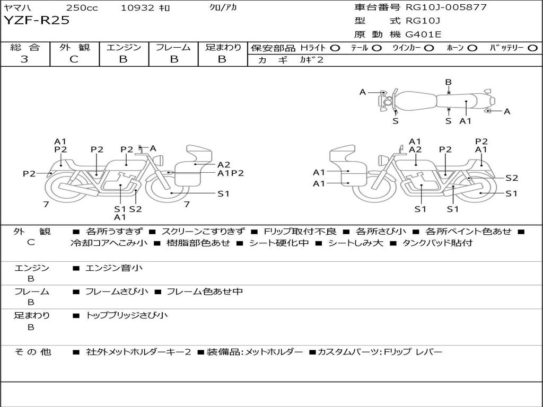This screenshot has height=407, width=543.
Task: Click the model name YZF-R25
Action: tap(37, 21)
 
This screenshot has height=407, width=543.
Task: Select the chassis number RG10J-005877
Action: tap(446, 7)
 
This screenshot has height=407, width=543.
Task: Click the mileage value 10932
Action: tap(137, 8)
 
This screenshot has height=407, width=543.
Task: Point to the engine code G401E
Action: tap(423, 34)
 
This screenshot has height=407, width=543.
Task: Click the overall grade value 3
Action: tap(24, 59)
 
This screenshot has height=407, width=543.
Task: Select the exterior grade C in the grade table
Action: tap(74, 59)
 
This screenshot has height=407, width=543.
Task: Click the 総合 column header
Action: tap(25, 47)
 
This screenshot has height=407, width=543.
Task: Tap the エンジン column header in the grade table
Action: tap(124, 47)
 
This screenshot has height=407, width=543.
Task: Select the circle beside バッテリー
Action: tap(532, 48)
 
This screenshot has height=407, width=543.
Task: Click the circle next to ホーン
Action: tap(472, 48)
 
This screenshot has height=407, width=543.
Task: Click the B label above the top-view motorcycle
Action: tap(448, 82)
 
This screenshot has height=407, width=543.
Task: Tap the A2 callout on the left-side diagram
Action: tap(224, 164)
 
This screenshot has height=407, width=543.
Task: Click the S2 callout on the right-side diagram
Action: tap(511, 178)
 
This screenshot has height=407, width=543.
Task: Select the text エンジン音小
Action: tap(114, 268)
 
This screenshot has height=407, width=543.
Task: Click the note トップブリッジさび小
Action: tap(127, 315)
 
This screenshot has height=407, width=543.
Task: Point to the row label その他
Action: tap(32, 352)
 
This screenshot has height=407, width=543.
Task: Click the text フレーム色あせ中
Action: tap(205, 291)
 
